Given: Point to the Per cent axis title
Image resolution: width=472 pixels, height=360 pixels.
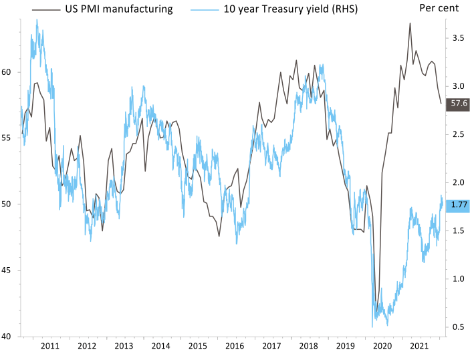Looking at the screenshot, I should [439, 9].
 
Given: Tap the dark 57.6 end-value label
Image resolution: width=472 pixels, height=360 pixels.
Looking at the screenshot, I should [458, 104].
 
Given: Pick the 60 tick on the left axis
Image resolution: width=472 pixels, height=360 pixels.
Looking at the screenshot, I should [10, 71].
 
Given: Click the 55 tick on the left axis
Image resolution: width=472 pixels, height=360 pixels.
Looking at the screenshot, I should [10, 138].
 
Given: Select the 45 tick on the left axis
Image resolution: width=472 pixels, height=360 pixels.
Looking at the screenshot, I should [10, 271].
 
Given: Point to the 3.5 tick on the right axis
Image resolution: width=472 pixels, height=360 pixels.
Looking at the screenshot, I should [458, 39].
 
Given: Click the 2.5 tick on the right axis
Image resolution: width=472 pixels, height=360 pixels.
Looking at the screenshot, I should [458, 135].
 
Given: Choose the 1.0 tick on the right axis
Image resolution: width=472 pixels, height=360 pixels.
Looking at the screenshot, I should [458, 279].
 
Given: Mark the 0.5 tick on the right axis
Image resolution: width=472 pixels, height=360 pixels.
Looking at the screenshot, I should [458, 327].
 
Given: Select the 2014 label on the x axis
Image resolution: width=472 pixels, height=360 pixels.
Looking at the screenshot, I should [160, 346].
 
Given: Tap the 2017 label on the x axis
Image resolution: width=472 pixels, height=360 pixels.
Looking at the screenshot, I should [271, 346].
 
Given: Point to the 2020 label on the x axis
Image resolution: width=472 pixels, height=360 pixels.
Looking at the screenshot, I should [382, 346].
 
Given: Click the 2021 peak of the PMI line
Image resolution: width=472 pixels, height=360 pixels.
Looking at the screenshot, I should [410, 23].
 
